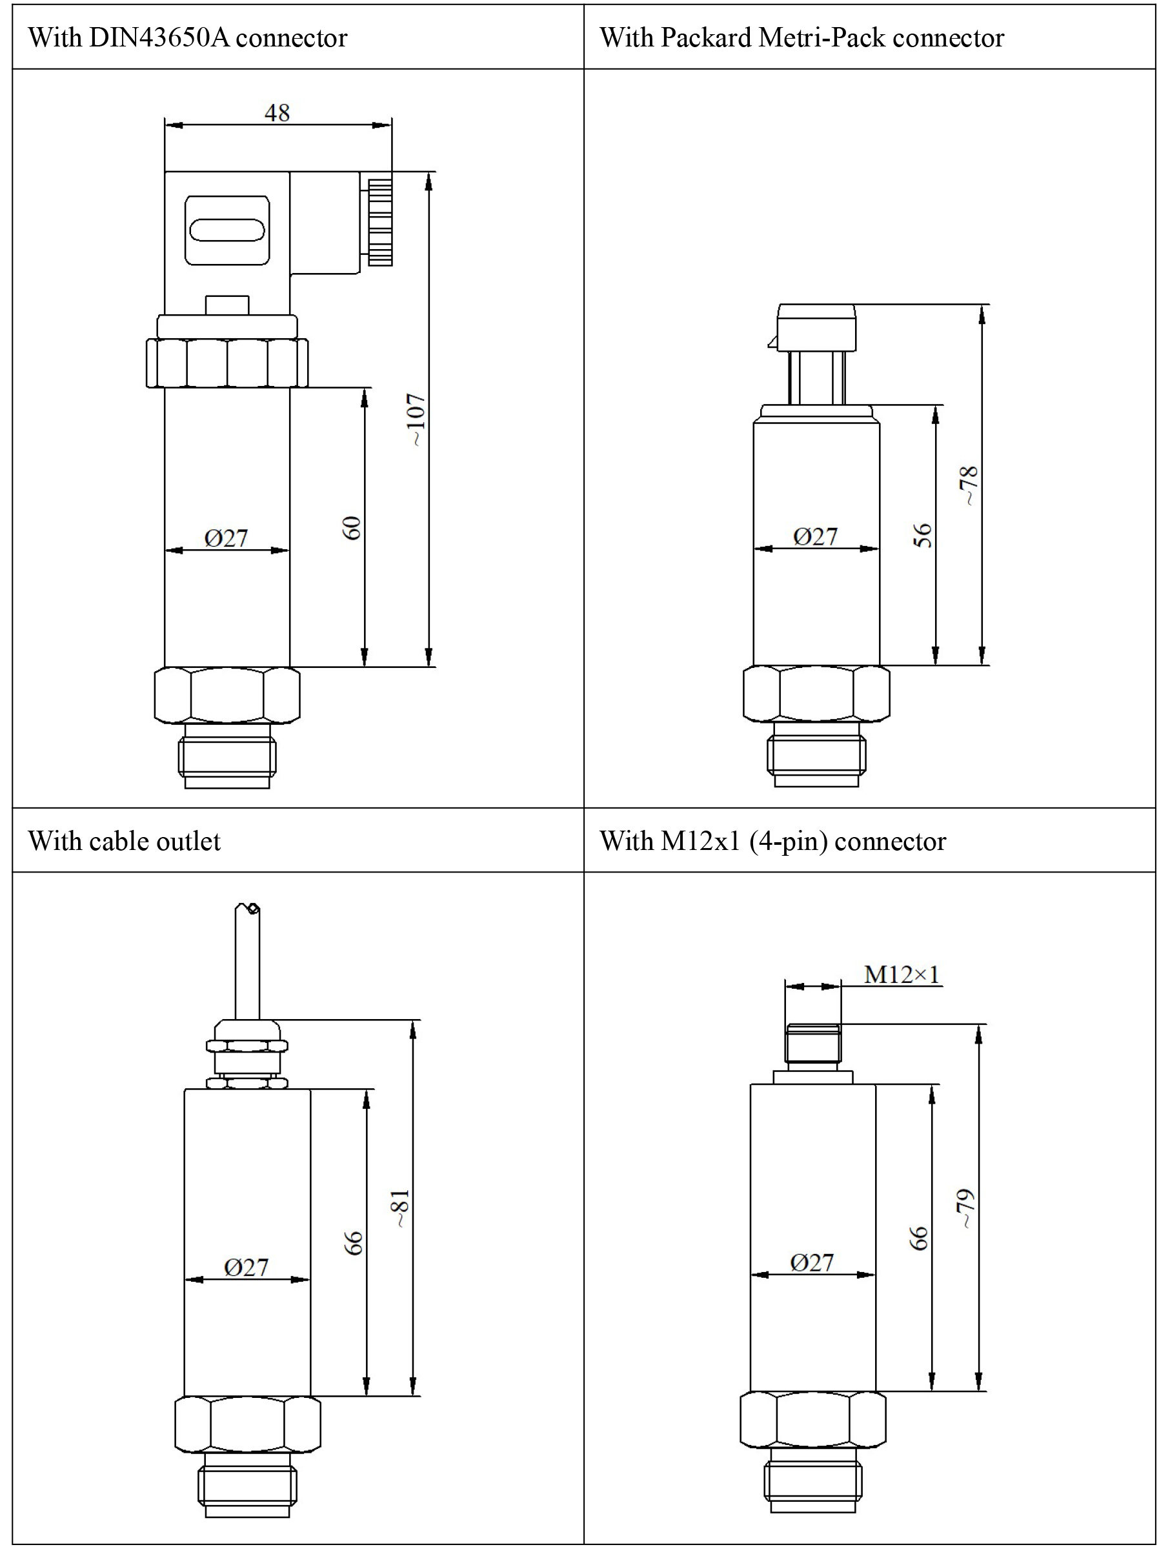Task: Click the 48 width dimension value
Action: [x=277, y=112]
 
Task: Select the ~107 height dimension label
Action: [x=416, y=420]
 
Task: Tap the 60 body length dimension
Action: [x=352, y=527]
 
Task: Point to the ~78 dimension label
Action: [x=969, y=485]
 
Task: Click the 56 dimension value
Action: [x=923, y=535]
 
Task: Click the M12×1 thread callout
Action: [x=902, y=975]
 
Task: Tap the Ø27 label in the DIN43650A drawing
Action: [x=226, y=538]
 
